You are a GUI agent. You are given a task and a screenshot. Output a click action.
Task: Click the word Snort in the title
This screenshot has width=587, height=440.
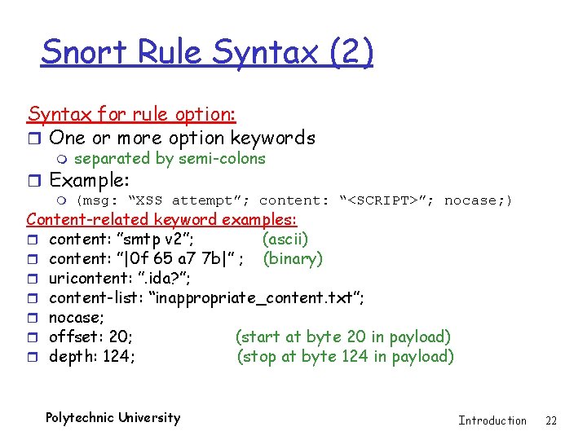(x=82, y=52)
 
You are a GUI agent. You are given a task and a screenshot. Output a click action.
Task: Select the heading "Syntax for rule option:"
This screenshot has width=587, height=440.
(x=131, y=115)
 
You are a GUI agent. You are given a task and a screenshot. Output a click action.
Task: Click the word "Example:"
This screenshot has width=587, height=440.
(x=90, y=179)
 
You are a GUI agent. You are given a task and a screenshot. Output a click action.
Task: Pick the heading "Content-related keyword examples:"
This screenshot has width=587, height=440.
(x=162, y=219)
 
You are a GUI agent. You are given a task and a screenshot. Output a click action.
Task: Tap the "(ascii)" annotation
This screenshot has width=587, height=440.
(x=285, y=239)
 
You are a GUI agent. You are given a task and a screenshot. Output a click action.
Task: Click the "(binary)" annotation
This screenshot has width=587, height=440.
(x=291, y=258)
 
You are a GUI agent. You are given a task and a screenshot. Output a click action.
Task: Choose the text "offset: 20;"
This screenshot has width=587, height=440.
(x=91, y=337)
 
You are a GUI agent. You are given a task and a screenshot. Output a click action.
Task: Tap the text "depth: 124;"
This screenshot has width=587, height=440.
(x=92, y=356)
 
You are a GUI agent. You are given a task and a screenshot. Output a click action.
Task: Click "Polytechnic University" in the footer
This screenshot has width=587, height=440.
(x=113, y=418)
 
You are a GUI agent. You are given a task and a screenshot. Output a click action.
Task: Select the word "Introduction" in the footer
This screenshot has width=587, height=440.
(x=492, y=420)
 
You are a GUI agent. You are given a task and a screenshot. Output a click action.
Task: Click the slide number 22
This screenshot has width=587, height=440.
(x=551, y=420)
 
